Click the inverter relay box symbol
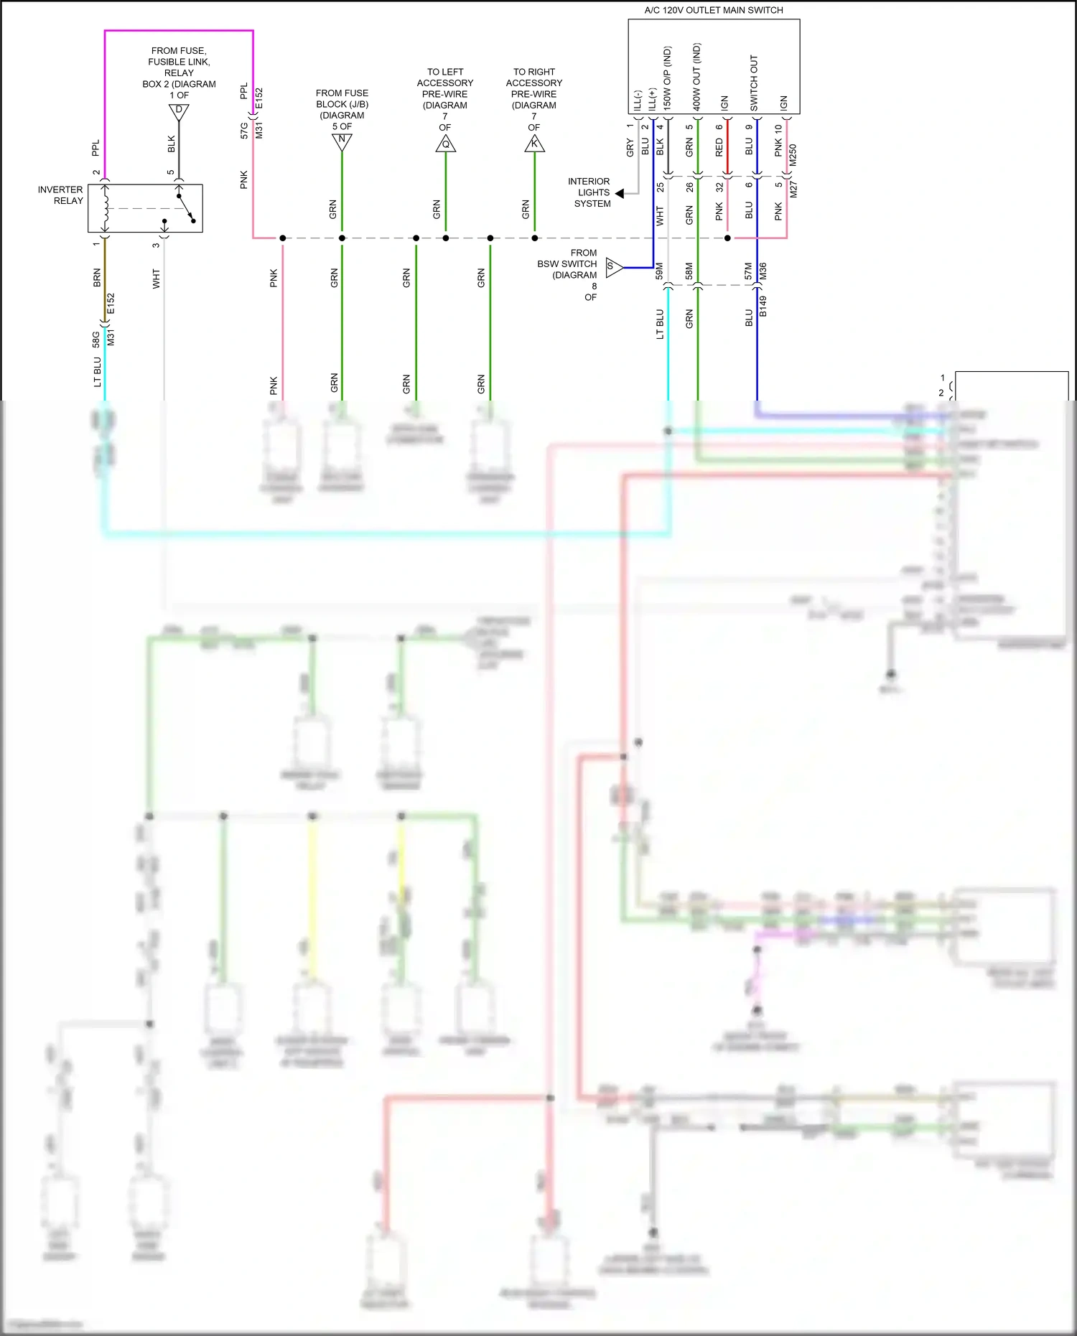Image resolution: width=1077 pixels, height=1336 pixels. [145, 208]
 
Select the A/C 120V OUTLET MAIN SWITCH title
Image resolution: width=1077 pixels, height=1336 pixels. [713, 10]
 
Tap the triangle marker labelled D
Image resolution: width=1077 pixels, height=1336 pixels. [179, 112]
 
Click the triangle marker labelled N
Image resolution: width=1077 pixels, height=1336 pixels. [342, 141]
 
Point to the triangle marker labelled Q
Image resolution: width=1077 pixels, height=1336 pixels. [445, 144]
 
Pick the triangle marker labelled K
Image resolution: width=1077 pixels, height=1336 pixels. [534, 144]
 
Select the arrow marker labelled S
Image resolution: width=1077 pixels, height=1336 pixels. [613, 267]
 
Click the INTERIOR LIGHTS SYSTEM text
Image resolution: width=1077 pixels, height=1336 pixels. [589, 192]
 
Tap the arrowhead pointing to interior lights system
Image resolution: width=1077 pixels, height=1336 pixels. [620, 193]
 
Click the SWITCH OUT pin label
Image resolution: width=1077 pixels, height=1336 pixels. [754, 83]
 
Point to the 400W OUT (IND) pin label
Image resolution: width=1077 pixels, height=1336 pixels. [696, 76]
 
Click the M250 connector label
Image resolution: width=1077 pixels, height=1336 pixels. [793, 155]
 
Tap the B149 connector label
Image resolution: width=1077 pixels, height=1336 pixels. [763, 307]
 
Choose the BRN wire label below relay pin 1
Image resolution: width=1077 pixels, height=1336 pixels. [97, 278]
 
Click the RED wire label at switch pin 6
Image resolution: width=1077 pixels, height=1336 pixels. [719, 148]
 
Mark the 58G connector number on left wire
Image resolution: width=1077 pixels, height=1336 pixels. [96, 339]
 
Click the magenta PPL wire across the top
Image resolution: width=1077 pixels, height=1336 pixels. [179, 31]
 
